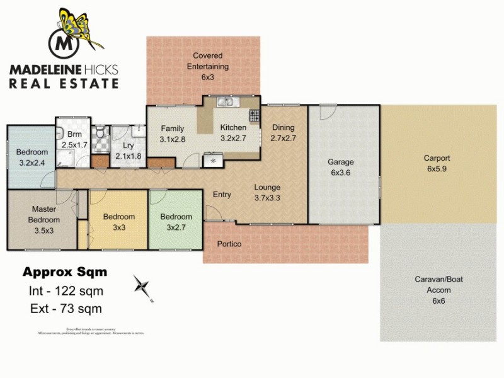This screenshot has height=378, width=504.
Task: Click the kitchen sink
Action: point(226,102)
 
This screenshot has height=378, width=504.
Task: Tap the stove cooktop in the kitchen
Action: point(255,116)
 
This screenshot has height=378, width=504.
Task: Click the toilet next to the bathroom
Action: point(100,132)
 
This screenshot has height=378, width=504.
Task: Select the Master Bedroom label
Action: point(43,214)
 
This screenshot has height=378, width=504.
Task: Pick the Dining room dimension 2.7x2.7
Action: point(283,137)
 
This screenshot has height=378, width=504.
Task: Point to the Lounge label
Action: point(267,187)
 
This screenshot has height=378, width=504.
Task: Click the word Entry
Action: point(221,195)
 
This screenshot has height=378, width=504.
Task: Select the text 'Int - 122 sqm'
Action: point(66,291)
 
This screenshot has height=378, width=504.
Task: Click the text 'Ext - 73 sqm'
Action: point(66,309)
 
